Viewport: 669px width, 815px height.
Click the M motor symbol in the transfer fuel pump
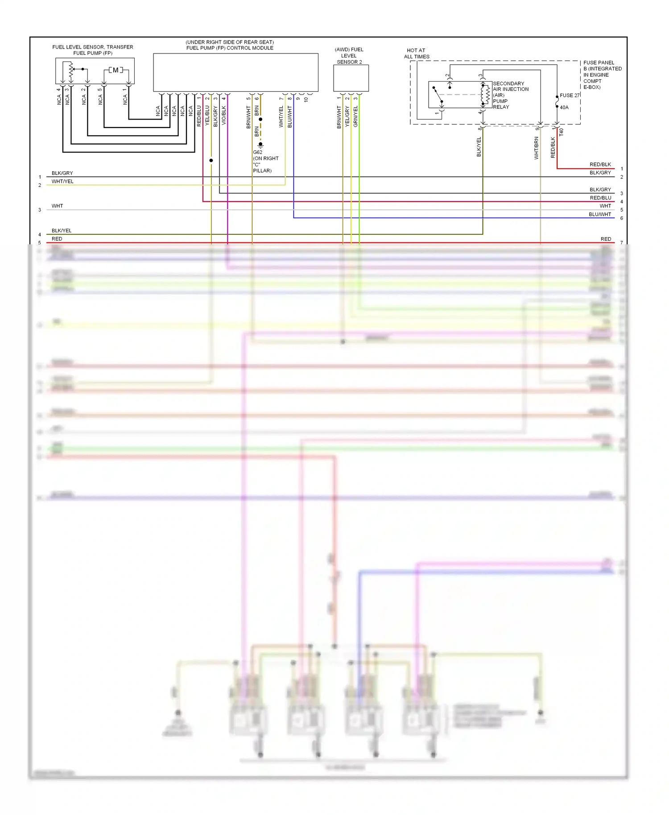coord(116,70)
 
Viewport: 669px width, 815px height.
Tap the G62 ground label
coord(258,152)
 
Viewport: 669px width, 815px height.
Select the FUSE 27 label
coord(570,95)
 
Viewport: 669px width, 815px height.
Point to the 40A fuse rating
coord(564,107)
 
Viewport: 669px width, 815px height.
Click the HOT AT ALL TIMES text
coord(417,54)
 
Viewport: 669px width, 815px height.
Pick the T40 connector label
coord(562,132)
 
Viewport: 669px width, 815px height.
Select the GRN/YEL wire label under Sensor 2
coord(355,116)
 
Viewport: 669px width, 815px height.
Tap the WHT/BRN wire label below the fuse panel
coord(537,148)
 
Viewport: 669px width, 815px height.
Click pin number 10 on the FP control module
coord(306,99)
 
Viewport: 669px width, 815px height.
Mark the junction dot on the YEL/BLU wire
coord(211,161)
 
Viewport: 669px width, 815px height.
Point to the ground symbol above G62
coord(260,145)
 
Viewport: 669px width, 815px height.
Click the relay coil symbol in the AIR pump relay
coord(485,94)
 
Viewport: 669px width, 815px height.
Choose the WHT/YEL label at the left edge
coord(62,181)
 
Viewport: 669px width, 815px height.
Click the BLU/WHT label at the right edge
coord(600,214)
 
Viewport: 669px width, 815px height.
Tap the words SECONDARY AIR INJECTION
coord(510,86)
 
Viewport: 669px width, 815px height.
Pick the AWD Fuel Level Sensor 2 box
coord(351,78)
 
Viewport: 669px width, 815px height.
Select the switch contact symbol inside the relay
coord(438,95)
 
